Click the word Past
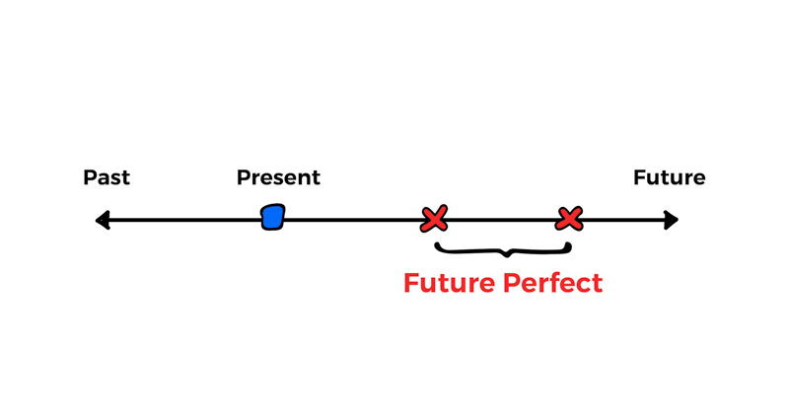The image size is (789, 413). [107, 178]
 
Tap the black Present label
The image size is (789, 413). [278, 178]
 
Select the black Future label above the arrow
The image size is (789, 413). [669, 178]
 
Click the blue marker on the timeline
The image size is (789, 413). [273, 217]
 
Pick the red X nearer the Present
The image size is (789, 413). [434, 219]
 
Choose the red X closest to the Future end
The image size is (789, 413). [569, 218]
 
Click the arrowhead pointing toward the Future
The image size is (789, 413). [672, 220]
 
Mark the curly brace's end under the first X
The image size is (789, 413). [437, 241]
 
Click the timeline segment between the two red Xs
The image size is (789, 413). [502, 221]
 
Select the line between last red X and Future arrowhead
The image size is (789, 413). [621, 221]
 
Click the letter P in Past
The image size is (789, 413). [90, 178]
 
